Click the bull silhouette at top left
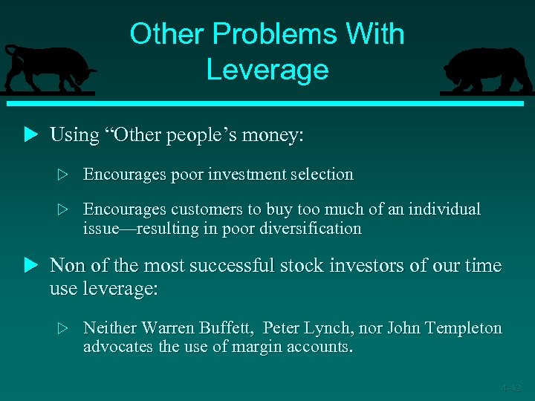pos(48,68)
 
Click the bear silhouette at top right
pos(487,71)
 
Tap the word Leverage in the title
pos(267,70)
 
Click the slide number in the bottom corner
pos(510,388)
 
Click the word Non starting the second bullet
pos(65,266)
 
